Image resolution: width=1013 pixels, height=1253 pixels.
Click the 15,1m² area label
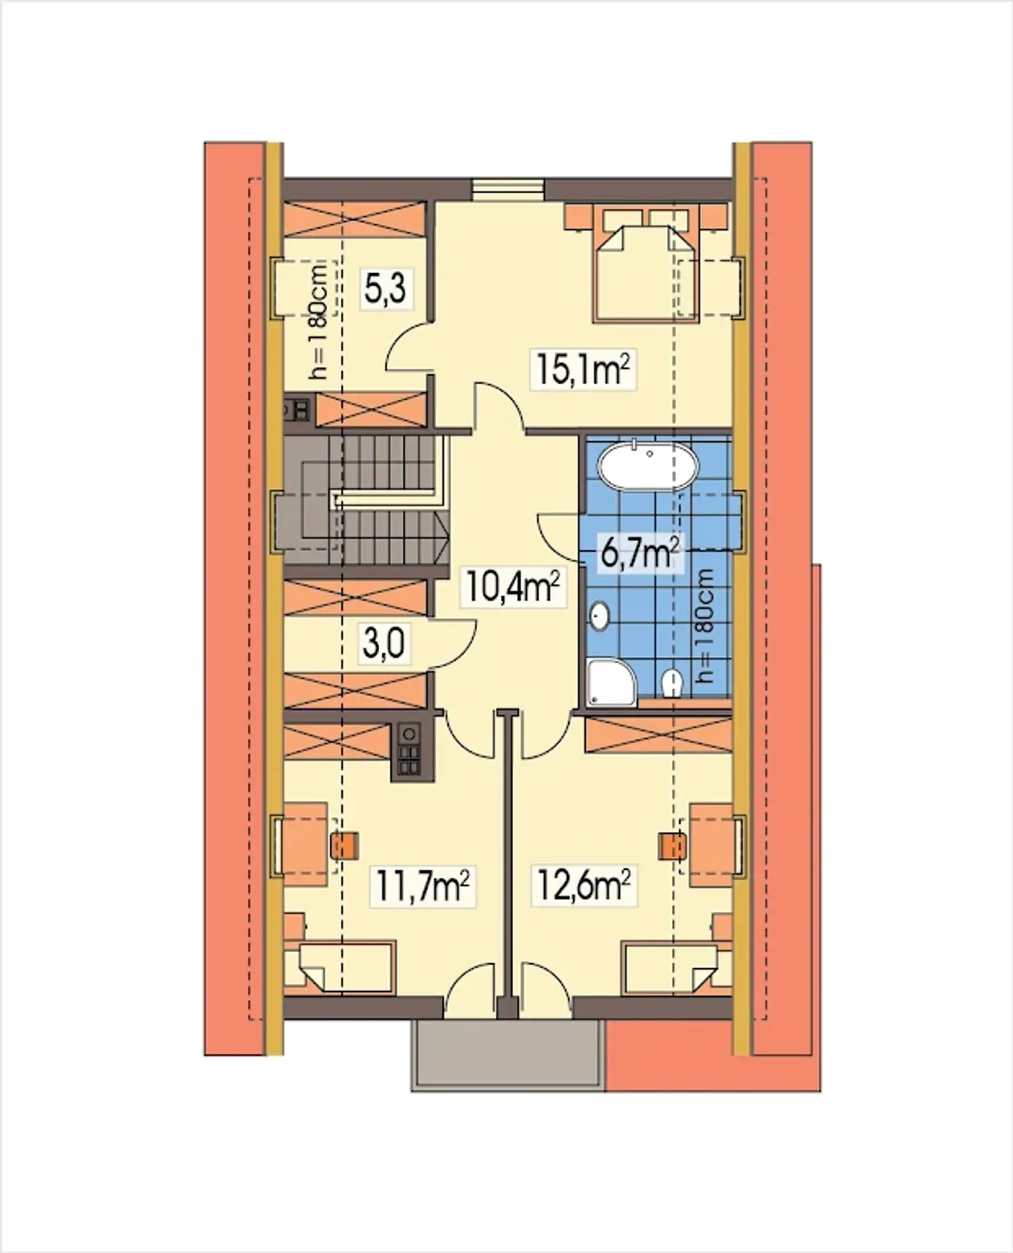(x=583, y=369)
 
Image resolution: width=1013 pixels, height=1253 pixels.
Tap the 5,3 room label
(x=386, y=287)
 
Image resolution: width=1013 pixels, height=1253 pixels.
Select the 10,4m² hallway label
(x=512, y=587)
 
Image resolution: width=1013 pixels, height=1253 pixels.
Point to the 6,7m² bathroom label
(x=639, y=552)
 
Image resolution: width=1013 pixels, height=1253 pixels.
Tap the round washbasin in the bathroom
(x=599, y=617)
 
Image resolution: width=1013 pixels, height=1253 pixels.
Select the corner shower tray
(x=613, y=682)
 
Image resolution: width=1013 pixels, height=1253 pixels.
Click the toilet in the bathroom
(x=672, y=684)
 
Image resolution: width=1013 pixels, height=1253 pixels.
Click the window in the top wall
(x=508, y=187)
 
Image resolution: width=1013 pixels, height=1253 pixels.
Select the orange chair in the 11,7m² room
(x=345, y=846)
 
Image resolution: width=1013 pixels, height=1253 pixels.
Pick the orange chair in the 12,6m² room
(x=671, y=846)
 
